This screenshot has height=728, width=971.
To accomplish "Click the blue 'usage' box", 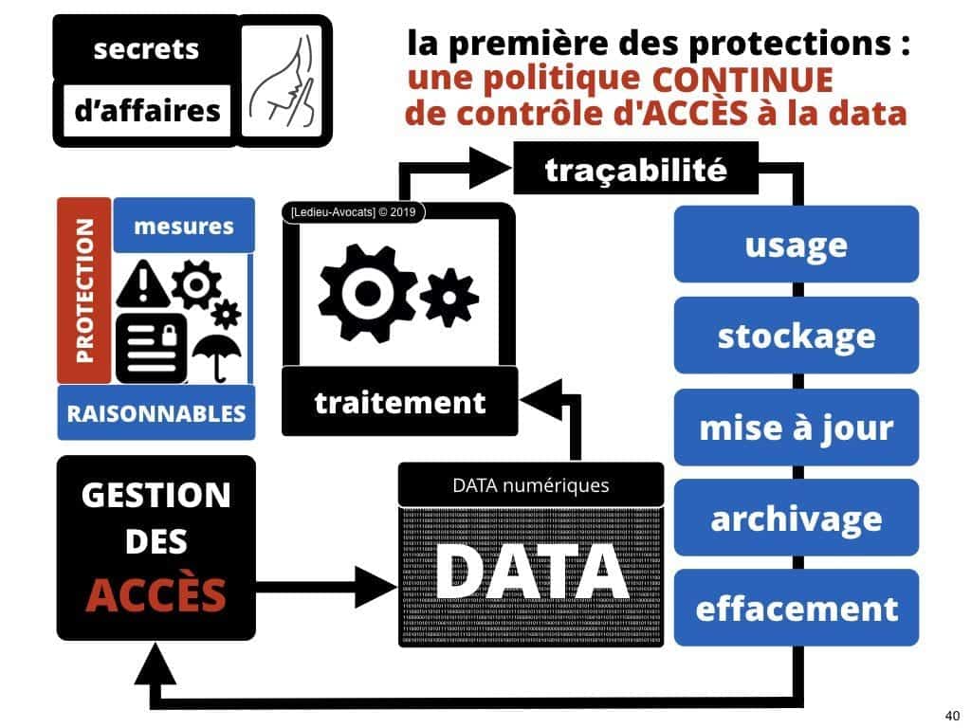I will tap(796, 245).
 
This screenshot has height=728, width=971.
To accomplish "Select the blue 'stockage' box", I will tap(796, 336).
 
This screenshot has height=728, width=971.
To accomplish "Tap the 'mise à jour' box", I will tap(796, 427).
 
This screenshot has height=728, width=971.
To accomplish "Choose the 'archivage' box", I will tap(796, 518).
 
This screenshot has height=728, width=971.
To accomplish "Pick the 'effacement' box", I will tap(796, 608).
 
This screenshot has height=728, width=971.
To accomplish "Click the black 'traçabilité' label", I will tap(635, 171).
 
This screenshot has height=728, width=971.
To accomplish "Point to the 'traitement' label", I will tap(399, 402).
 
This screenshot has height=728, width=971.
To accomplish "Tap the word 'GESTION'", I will tap(156, 495).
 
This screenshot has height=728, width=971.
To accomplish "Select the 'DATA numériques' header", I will tap(530, 486).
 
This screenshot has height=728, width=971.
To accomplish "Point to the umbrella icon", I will tap(215, 354).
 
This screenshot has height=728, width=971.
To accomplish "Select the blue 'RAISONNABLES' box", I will tap(156, 413).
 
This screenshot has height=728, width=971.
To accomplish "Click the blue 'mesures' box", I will tap(184, 226).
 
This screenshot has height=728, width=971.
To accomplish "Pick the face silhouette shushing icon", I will tap(280, 81).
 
